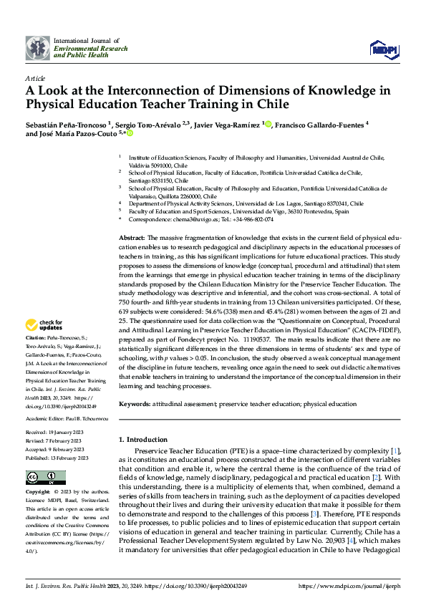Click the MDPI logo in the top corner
[x=384, y=48]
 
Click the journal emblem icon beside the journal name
[x=37, y=47]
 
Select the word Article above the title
[x=35, y=77]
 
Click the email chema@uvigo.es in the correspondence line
[x=188, y=220]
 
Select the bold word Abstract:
[x=132, y=237]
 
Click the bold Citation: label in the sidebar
[x=36, y=337]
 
